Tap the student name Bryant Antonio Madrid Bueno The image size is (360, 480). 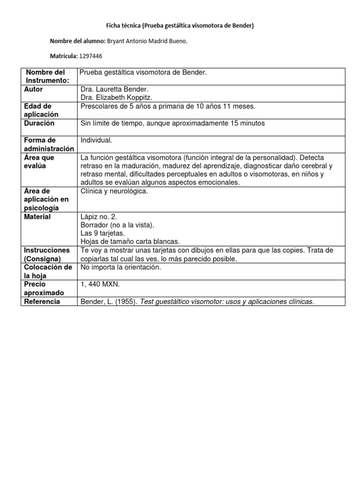[147, 41]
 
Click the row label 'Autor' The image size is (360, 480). [33, 89]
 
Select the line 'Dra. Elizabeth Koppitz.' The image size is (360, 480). [116, 97]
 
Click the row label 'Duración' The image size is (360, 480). [39, 123]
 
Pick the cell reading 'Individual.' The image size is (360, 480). [97, 140]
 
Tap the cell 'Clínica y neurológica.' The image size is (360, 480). [114, 191]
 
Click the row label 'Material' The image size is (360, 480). [37, 217]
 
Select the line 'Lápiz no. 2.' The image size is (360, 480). [98, 217]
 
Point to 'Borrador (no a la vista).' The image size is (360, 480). [117, 225]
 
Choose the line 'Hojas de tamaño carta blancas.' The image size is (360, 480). [130, 242]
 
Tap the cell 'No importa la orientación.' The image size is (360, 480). [120, 268]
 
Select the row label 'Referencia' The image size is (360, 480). [42, 301]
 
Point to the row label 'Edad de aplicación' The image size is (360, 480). [41, 110]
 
